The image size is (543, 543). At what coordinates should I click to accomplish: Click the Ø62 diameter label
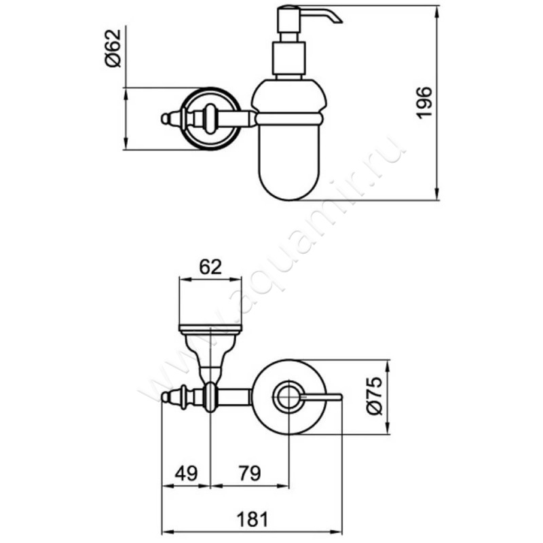(113, 48)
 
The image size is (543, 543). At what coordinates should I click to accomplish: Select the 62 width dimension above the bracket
(210, 267)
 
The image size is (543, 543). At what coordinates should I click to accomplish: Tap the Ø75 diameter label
(374, 396)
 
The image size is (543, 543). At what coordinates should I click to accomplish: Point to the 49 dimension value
(186, 473)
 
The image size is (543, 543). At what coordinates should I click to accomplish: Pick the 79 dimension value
(250, 473)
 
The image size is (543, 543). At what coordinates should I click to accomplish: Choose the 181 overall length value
(252, 519)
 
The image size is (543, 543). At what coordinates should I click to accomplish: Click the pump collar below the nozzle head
(289, 58)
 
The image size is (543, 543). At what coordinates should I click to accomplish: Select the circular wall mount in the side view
(211, 119)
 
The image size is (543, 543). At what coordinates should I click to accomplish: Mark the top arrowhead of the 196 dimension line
(437, 12)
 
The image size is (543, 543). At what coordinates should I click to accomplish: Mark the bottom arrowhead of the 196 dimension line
(437, 193)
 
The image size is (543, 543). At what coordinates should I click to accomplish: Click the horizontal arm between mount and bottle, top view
(233, 397)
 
